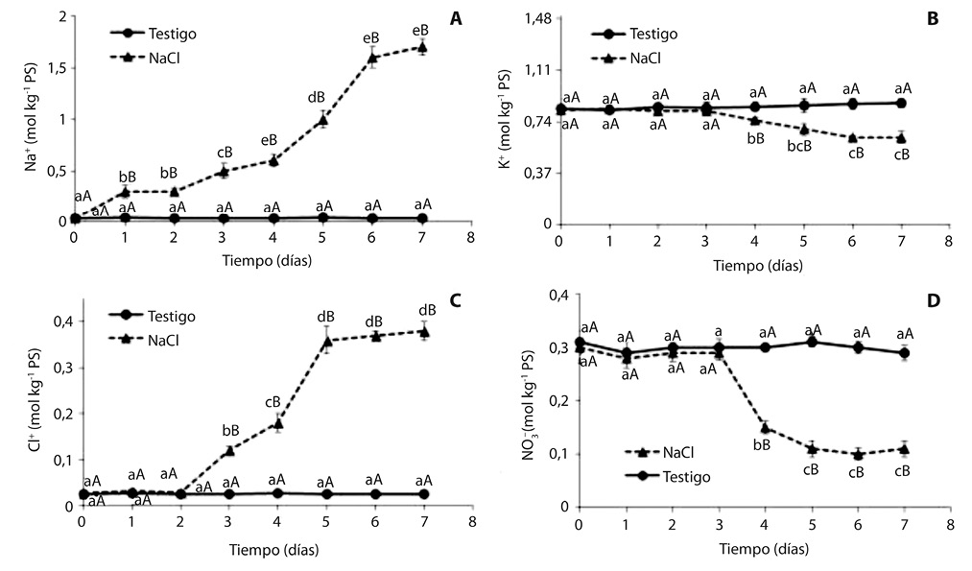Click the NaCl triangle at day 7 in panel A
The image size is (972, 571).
point(421,47)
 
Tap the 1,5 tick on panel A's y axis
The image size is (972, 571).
point(52,69)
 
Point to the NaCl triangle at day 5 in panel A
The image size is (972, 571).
point(322,119)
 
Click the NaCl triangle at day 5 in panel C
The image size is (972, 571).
point(326,341)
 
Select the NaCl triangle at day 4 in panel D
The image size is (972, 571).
point(765,427)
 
